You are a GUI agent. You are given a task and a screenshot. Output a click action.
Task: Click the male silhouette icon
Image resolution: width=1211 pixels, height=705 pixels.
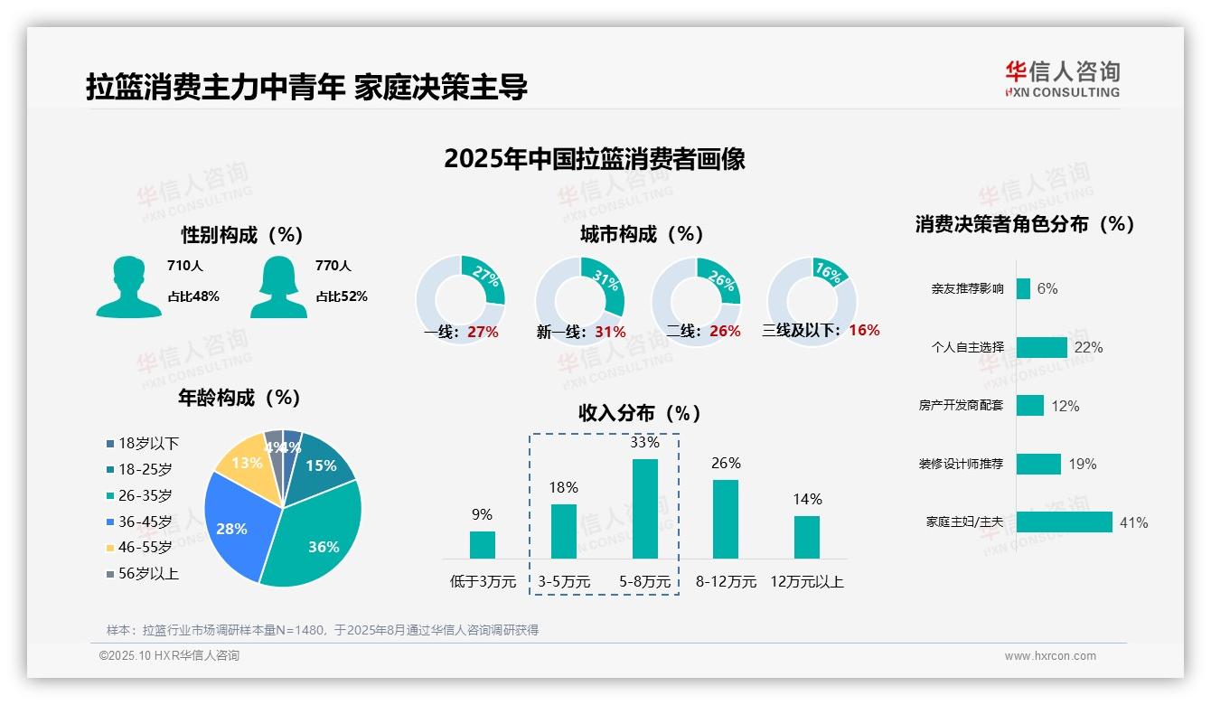tap(128, 287)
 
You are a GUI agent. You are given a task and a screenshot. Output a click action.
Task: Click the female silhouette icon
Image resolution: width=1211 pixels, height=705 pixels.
tap(278, 287)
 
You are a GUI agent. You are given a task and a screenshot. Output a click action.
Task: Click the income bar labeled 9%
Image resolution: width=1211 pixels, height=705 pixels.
tap(482, 544)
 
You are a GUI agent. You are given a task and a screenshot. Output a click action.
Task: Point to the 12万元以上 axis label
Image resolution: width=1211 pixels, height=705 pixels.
tap(806, 582)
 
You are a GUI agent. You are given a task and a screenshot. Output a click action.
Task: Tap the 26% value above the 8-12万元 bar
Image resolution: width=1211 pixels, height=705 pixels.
tap(725, 463)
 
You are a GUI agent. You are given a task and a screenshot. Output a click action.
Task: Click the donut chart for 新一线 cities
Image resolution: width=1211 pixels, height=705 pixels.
tap(579, 300)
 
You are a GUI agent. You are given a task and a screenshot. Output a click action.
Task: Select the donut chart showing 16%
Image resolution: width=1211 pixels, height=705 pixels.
tap(811, 300)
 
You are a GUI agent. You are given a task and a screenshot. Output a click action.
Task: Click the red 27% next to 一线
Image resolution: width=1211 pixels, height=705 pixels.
tap(483, 332)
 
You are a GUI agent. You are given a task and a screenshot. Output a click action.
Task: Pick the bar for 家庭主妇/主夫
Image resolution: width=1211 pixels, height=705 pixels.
tap(1064, 522)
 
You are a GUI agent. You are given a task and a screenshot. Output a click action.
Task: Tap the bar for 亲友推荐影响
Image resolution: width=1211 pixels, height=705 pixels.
tap(1023, 288)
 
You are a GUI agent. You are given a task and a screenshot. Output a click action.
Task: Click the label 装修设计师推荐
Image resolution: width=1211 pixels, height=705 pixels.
tap(961, 464)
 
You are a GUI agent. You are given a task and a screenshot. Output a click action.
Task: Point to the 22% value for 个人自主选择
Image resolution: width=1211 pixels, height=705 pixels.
tap(1088, 347)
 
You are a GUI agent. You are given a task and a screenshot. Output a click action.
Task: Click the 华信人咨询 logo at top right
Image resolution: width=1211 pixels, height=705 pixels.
tap(1062, 79)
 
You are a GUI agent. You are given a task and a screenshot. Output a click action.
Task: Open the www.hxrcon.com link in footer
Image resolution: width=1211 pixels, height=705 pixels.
tap(1049, 656)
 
